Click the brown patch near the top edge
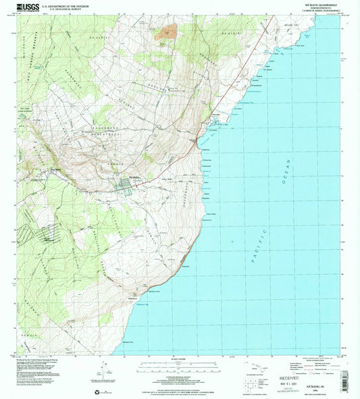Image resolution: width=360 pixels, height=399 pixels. (168, 30)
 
